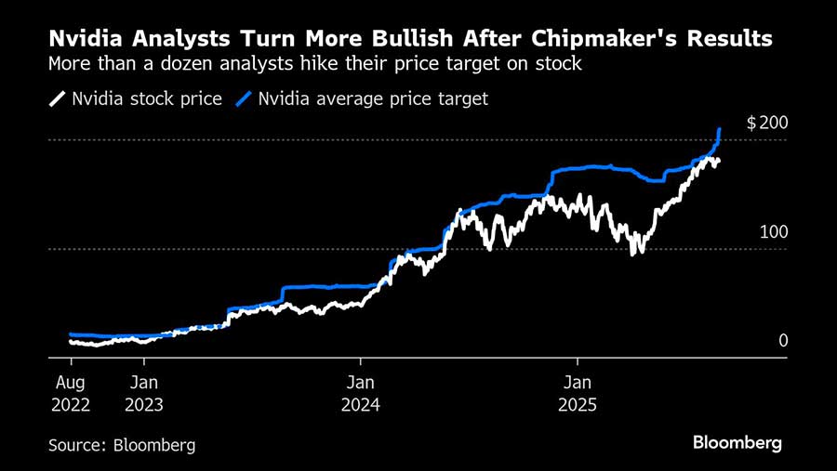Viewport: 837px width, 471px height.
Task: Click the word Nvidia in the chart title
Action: [x=85, y=40]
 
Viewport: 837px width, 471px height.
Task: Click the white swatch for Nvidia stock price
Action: [x=58, y=98]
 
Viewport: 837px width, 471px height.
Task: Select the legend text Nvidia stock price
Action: [x=147, y=98]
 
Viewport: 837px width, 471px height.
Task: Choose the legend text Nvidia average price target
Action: [x=373, y=98]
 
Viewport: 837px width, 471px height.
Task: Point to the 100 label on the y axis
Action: [x=774, y=231]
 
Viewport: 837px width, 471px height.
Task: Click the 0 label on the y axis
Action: [x=783, y=341]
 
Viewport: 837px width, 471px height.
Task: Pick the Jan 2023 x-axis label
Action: [x=144, y=393]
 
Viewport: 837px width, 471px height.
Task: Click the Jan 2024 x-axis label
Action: [x=361, y=393]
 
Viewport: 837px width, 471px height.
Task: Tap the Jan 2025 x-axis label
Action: [x=578, y=393]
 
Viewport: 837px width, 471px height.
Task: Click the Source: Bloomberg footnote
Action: [x=122, y=445]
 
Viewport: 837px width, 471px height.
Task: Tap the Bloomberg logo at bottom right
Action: [x=737, y=443]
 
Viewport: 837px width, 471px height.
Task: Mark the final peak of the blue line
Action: [x=720, y=129]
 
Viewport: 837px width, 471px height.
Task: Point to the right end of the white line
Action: [x=718, y=161]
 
